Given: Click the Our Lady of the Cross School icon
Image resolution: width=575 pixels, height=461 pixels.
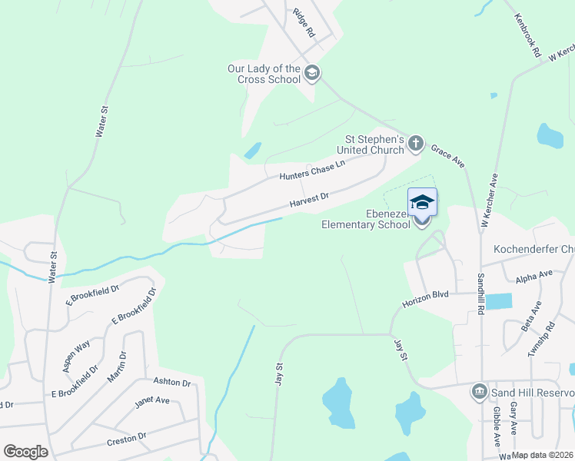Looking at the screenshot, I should click(311, 74).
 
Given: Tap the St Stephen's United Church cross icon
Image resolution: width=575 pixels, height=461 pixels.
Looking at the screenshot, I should click(415, 142).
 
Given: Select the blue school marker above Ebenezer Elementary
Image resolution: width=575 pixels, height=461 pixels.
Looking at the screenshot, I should click(422, 202).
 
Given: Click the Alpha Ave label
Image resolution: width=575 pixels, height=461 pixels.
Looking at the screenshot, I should click(534, 276).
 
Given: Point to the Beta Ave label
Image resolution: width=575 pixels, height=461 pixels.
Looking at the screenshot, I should click(531, 316).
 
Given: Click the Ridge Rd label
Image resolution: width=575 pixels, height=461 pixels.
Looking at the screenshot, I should click(304, 23).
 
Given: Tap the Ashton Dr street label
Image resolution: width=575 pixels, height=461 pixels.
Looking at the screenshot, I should click(171, 382).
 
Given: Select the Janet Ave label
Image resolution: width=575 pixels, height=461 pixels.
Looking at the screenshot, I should click(151, 400).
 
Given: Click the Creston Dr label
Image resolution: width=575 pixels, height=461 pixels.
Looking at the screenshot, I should click(126, 438).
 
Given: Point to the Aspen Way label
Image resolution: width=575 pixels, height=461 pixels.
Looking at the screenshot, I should click(76, 356).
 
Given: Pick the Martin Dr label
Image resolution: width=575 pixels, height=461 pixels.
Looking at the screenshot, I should click(117, 365).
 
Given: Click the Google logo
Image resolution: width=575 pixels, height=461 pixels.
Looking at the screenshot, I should click(25, 452).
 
